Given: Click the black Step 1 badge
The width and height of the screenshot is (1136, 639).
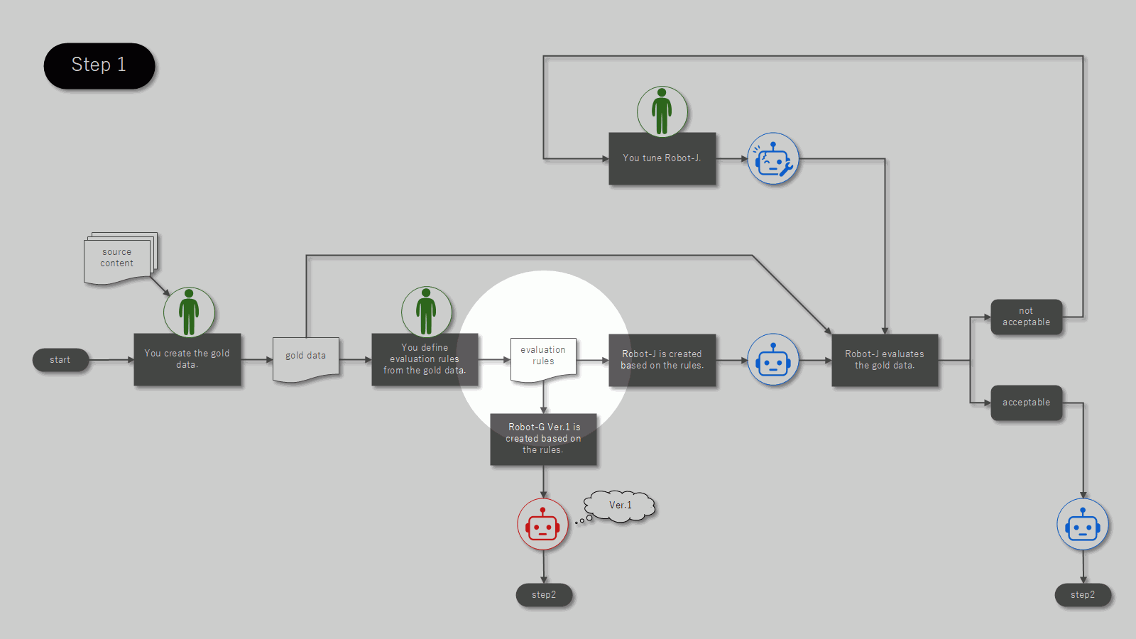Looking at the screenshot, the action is tap(99, 66).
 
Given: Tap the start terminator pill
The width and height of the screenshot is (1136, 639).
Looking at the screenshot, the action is tap(60, 360).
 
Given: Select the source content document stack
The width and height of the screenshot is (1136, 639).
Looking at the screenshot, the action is tap(120, 258).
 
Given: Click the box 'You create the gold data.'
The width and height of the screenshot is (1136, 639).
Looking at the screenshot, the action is tap(187, 359).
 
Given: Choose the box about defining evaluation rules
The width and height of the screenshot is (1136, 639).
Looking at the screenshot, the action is tap(425, 359).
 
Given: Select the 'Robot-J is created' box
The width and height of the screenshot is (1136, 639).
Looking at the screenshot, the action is tap(662, 359).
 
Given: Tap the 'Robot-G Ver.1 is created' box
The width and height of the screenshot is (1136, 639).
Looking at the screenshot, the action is tap(543, 439).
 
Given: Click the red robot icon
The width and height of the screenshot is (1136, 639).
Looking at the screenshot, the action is tap(542, 525).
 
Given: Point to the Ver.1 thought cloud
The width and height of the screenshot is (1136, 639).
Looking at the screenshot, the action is tap(619, 506).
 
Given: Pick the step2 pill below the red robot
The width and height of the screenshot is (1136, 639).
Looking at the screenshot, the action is tap(544, 595).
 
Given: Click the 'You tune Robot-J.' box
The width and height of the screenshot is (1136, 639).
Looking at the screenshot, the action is tap(662, 158).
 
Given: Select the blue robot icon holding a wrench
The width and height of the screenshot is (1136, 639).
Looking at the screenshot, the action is tap(773, 159).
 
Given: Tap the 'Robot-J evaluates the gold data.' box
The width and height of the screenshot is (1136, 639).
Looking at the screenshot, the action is tap(885, 359).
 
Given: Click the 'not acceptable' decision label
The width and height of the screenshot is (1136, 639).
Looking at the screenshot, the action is tap(1027, 317).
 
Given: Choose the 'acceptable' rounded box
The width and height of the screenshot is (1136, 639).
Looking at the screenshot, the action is tap(1027, 403).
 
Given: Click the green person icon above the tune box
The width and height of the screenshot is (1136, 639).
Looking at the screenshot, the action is tap(662, 111).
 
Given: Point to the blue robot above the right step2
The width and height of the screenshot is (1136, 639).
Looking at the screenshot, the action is tap(1083, 525).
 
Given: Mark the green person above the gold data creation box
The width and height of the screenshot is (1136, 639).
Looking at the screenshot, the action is tap(189, 312).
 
